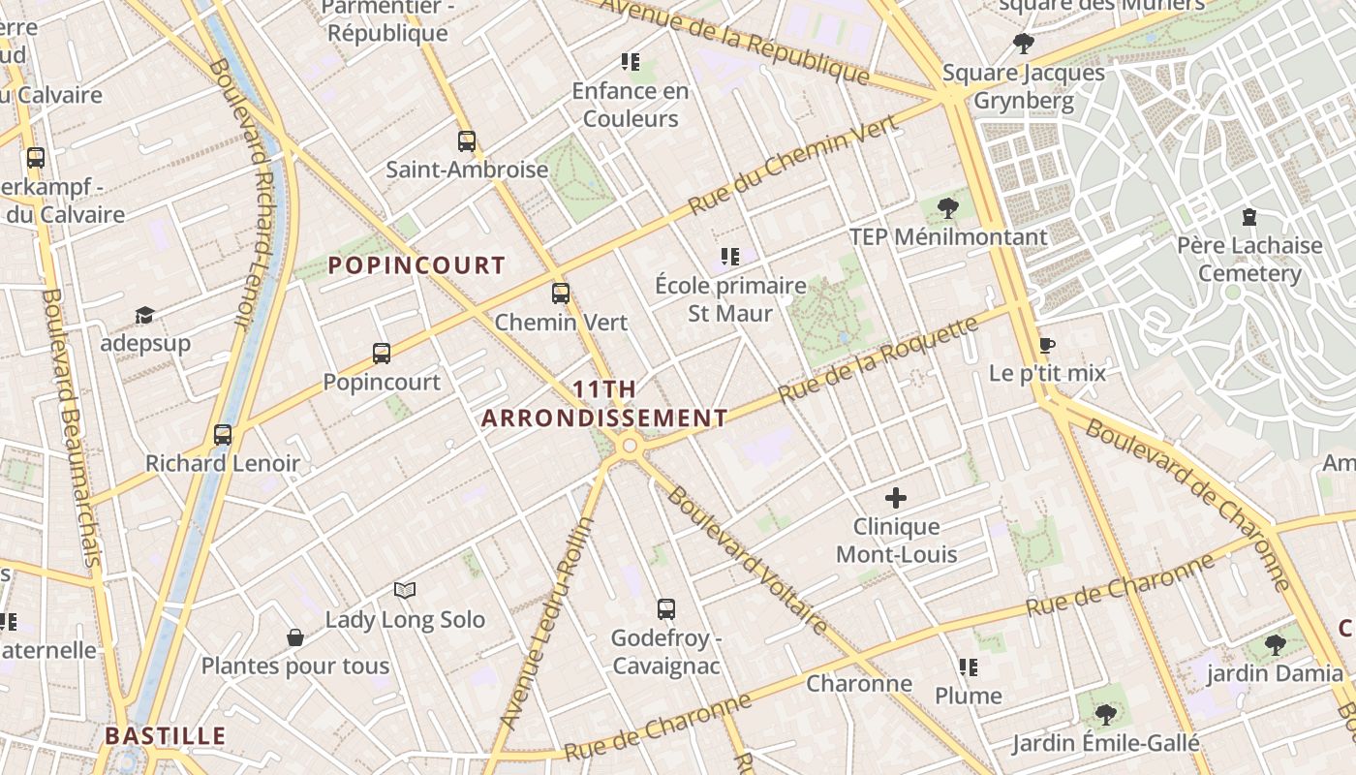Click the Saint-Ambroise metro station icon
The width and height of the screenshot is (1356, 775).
467,141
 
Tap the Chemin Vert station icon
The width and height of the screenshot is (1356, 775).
561,294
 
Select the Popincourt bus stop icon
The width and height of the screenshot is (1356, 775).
382,354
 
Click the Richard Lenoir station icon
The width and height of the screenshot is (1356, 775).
223,435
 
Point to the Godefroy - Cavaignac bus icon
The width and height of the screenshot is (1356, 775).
666,609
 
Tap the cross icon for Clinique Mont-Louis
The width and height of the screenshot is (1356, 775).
896,499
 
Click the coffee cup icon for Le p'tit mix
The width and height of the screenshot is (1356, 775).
1046,345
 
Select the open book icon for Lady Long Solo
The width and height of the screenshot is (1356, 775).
405,590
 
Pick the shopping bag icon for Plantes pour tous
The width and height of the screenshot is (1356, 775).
295,637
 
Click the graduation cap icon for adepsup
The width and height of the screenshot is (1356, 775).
144,315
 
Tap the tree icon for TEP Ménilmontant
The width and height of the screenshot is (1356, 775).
948,207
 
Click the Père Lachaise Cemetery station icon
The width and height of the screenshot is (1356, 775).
1249,216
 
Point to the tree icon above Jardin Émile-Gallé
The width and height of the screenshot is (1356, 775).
1105,715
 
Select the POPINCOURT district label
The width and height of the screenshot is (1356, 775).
416,265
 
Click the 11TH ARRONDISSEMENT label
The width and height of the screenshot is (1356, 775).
604,404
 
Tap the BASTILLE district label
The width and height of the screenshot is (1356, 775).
166,736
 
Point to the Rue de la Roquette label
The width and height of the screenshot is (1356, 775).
878,359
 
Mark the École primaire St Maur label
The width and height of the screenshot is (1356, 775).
730,299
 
